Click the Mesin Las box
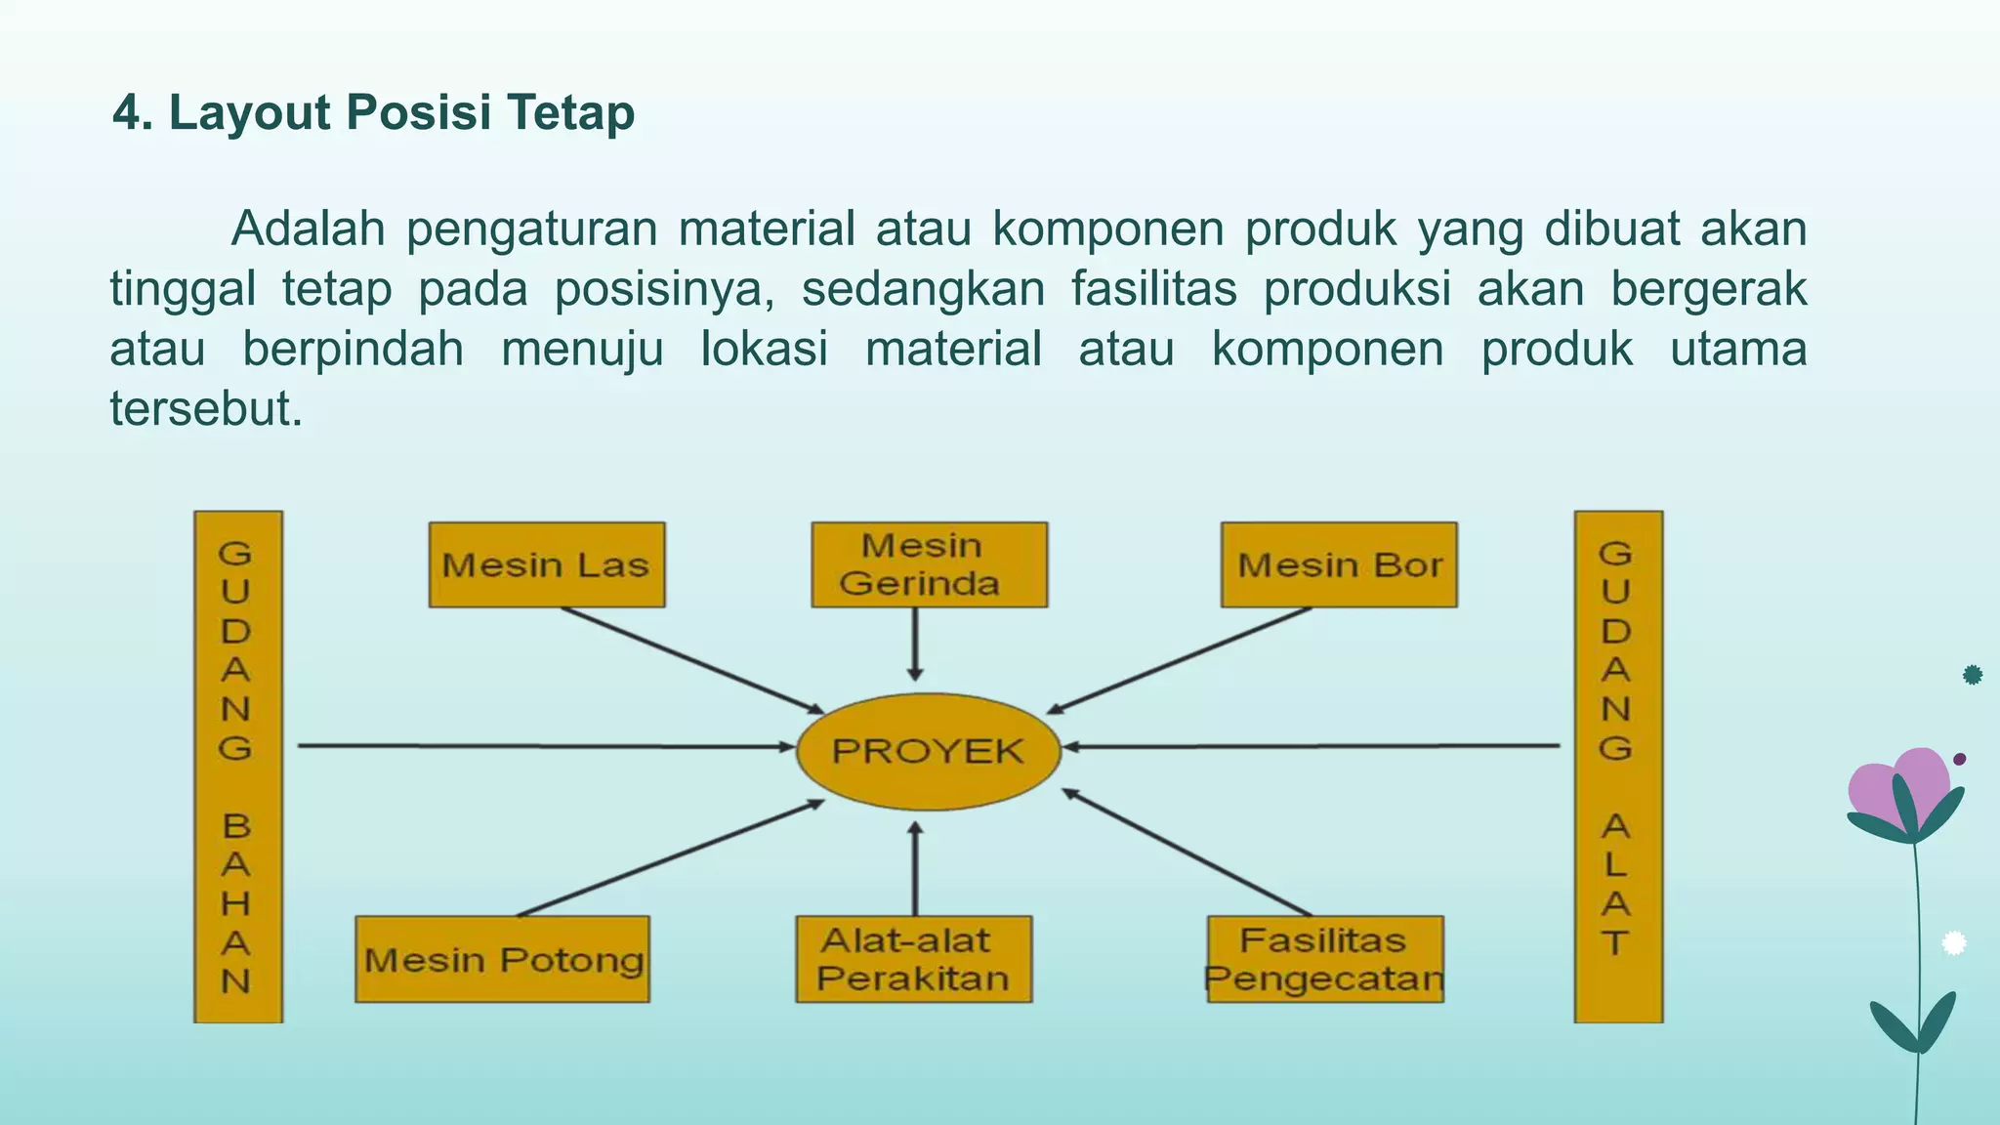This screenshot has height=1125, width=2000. coord(547,564)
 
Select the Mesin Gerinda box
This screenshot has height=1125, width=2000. coord(929,564)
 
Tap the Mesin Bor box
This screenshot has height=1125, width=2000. coord(1339,564)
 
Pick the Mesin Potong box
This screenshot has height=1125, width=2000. coord(502,959)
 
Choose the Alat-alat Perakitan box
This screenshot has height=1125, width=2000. coord(913,959)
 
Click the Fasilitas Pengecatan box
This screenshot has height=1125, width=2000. coord(1325,959)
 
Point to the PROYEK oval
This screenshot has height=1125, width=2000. coord(929,751)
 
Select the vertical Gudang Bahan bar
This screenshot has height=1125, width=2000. coord(237,767)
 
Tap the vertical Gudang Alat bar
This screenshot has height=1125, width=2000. coord(1617,767)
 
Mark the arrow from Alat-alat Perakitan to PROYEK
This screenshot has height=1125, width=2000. coord(915,869)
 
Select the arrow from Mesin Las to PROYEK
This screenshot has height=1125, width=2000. coord(693,660)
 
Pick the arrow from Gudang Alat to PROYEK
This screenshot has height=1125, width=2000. coord(1309,746)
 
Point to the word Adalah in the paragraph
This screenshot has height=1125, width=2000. coord(309,229)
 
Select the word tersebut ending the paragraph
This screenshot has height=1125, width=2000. coord(205,408)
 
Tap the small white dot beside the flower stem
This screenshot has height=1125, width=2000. coord(1953,942)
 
